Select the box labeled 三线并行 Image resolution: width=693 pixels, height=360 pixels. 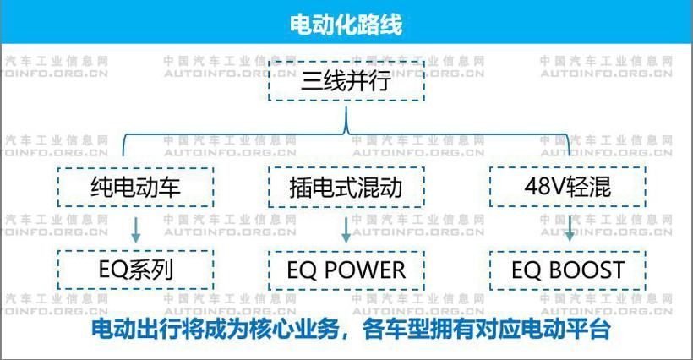point(346,82)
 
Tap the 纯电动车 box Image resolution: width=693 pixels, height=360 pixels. point(135,187)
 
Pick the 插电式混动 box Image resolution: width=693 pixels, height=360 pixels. point(346,187)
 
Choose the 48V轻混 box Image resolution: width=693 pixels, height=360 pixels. point(568,187)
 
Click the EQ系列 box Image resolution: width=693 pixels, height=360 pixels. point(135,270)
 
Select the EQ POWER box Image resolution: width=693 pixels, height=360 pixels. point(346,270)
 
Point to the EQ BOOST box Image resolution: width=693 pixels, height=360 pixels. point(568,270)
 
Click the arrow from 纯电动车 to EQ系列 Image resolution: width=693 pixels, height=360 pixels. point(136,228)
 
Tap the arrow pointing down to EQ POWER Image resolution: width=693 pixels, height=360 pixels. point(346,228)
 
